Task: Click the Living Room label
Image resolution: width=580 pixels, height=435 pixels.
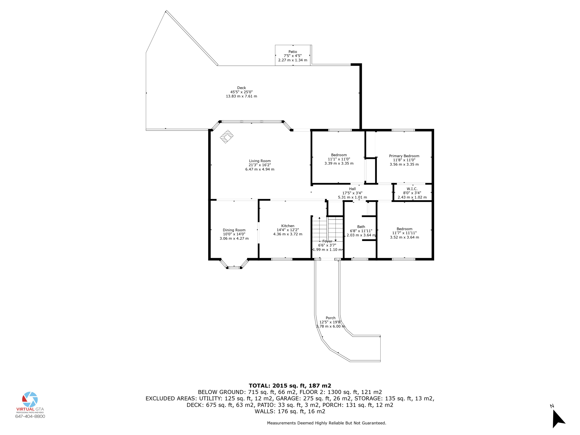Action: pyautogui.click(x=260, y=161)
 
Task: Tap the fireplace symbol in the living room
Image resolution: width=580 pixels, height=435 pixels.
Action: pyautogui.click(x=227, y=137)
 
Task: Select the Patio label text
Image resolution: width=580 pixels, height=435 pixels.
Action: pyautogui.click(x=293, y=52)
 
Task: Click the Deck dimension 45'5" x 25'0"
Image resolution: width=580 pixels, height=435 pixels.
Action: pyautogui.click(x=241, y=92)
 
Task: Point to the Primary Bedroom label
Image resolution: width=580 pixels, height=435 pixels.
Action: pyautogui.click(x=404, y=156)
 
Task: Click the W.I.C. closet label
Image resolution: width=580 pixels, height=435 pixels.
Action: pyautogui.click(x=412, y=189)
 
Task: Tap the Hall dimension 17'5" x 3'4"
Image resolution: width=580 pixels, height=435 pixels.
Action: pyautogui.click(x=352, y=193)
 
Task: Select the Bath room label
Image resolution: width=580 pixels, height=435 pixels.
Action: pyautogui.click(x=361, y=227)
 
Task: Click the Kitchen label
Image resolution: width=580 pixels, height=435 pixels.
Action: pyautogui.click(x=287, y=226)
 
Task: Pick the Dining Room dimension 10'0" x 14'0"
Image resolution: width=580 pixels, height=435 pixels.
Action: pyautogui.click(x=234, y=234)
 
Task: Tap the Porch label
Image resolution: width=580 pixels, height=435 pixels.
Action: pyautogui.click(x=330, y=318)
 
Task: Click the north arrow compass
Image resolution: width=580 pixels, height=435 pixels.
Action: pyautogui.click(x=558, y=418)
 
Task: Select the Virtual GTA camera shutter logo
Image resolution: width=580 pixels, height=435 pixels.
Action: pyautogui.click(x=30, y=400)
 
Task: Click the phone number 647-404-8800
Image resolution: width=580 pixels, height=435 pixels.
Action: pyautogui.click(x=30, y=416)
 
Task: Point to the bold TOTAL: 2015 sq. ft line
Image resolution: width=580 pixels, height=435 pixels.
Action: pyautogui.click(x=290, y=385)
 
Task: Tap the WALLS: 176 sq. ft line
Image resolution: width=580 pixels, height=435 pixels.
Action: pyautogui.click(x=290, y=411)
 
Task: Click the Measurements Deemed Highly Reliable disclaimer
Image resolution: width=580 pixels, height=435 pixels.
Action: pyautogui.click(x=326, y=423)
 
